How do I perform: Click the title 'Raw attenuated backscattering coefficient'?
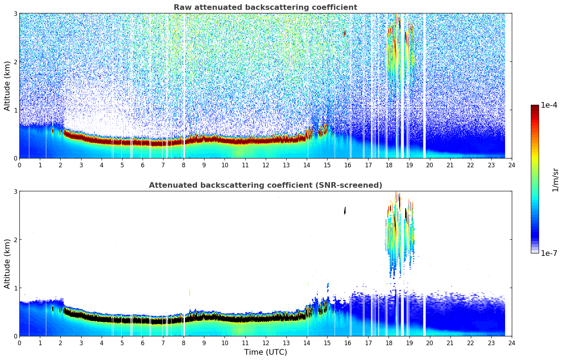click(x=265, y=7)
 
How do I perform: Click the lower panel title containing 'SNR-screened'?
click(x=265, y=185)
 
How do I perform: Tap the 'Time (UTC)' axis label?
click(x=265, y=352)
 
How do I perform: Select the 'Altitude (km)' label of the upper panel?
click(x=7, y=86)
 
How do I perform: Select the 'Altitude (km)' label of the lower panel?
click(x=7, y=264)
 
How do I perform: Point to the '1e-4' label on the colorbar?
click(x=549, y=105)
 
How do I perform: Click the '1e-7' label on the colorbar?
click(x=549, y=253)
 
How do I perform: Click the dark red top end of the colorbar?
click(x=535, y=107)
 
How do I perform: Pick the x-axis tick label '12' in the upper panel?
click(x=265, y=165)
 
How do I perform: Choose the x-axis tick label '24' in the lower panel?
click(x=512, y=343)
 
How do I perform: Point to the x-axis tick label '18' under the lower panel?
click(x=389, y=343)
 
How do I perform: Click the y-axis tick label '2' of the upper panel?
click(x=15, y=62)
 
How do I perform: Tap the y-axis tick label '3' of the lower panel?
click(x=15, y=191)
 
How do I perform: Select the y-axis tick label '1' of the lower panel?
click(x=15, y=288)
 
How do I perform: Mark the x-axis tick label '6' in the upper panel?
click(x=143, y=165)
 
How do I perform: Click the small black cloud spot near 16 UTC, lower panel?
click(x=345, y=211)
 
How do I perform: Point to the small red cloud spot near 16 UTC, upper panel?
click(x=345, y=33)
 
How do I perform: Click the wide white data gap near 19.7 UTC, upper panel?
click(x=424, y=85)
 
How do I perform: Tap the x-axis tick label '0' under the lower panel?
click(x=19, y=343)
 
